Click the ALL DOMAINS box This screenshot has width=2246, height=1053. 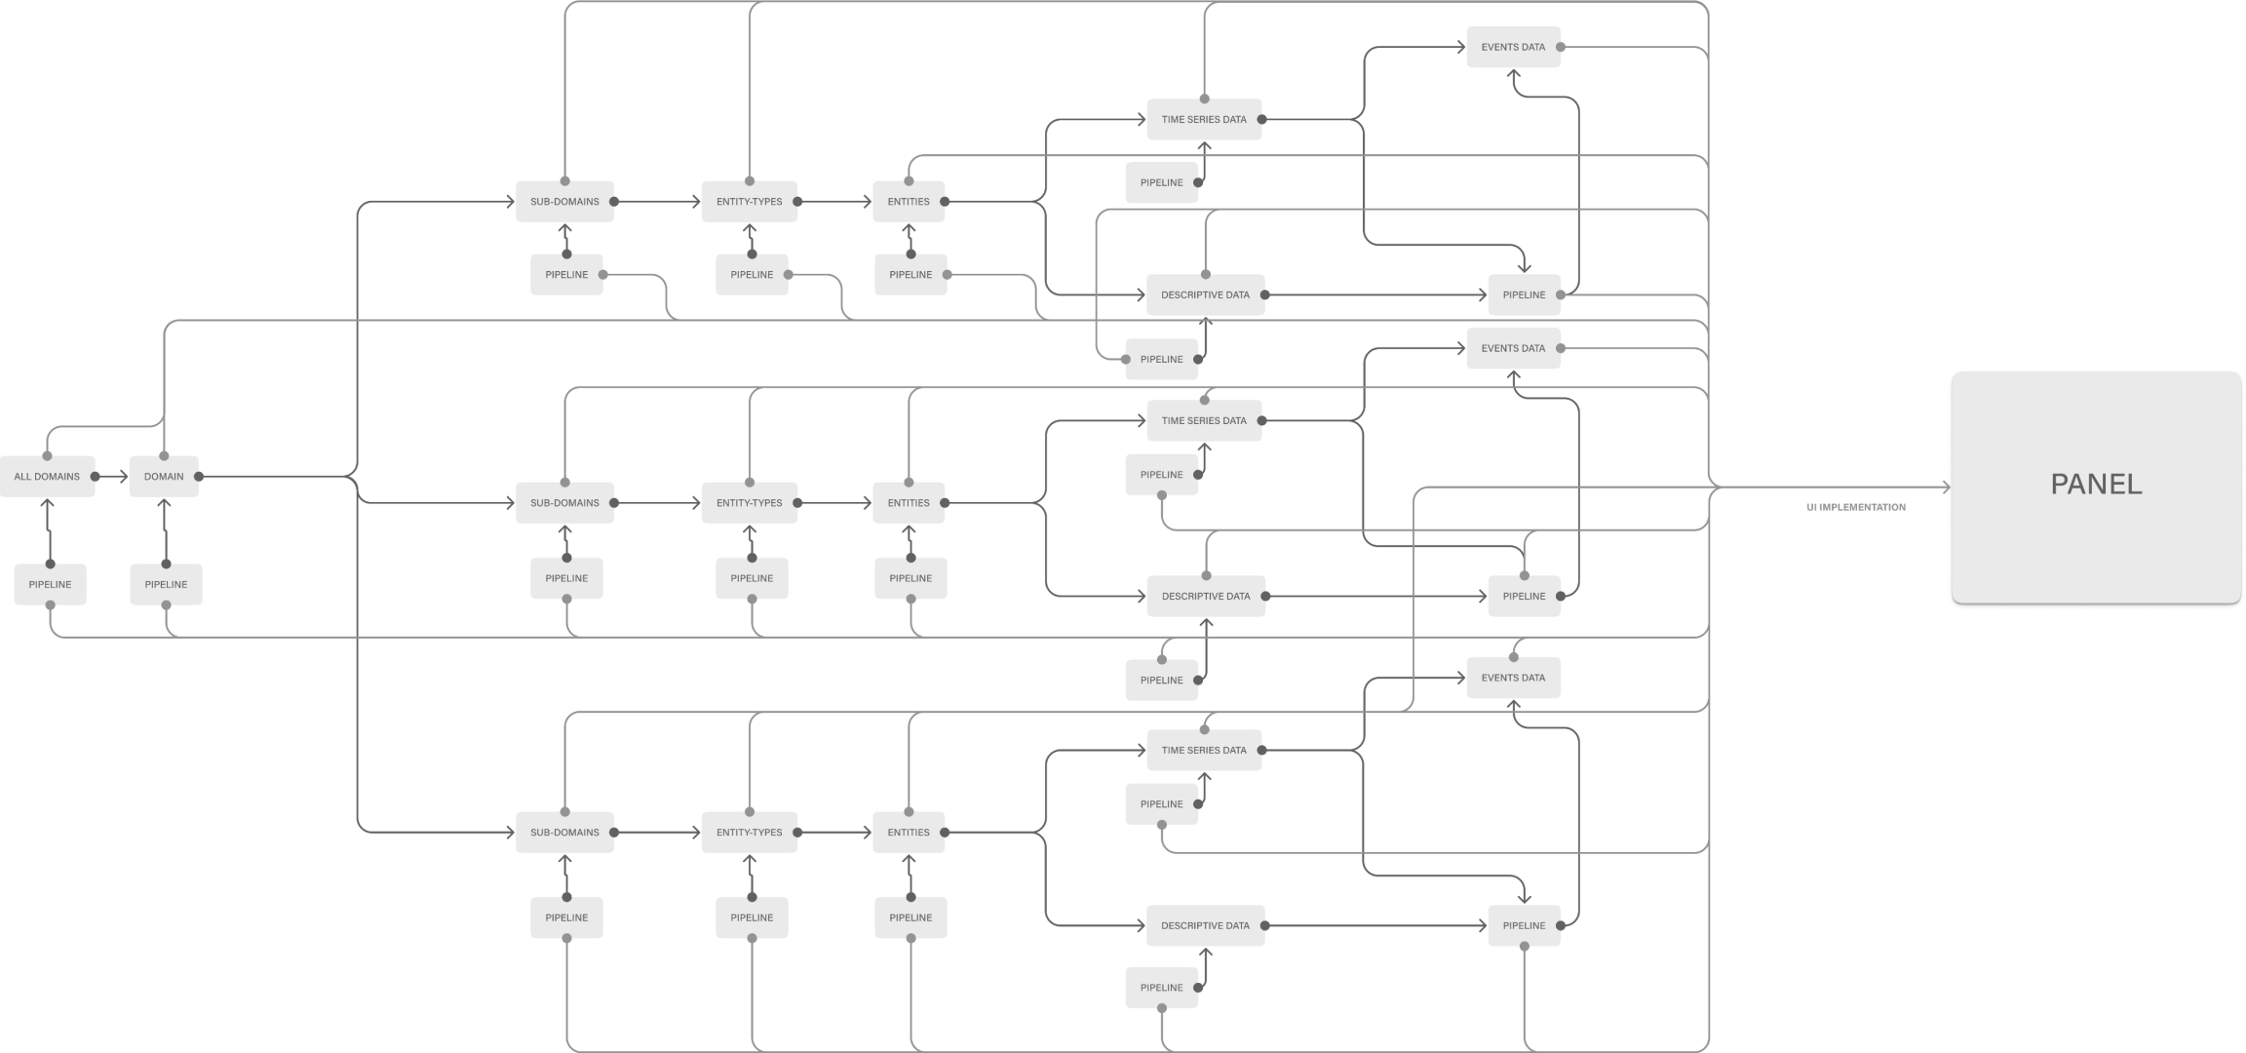pos(47,477)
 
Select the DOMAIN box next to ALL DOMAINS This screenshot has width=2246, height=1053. pos(164,477)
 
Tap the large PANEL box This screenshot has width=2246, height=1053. pos(2096,486)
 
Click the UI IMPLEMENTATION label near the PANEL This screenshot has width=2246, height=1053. pos(1855,507)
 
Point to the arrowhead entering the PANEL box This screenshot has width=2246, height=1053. pos(1944,487)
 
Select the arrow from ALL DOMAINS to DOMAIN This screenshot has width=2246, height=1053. pos(112,477)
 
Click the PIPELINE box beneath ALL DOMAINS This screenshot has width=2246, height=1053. pos(50,585)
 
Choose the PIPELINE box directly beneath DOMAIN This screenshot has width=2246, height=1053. pos(166,585)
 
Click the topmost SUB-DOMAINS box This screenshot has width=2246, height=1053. pos(564,202)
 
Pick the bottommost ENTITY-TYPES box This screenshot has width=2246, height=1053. pos(749,833)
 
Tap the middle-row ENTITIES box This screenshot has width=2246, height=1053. pos(908,503)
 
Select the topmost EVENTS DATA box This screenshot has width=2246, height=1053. pos(1513,47)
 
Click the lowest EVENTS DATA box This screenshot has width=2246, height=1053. pos(1513,678)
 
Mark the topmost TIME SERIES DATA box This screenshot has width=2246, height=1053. pos(1204,120)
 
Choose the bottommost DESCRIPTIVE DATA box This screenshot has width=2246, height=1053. pos(1205,926)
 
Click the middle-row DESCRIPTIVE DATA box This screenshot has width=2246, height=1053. pos(1205,597)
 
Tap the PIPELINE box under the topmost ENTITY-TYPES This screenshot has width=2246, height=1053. pos(752,275)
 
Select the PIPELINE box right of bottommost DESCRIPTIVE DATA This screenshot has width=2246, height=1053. pos(1524,926)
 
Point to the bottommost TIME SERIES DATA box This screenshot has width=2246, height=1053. pos(1204,751)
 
